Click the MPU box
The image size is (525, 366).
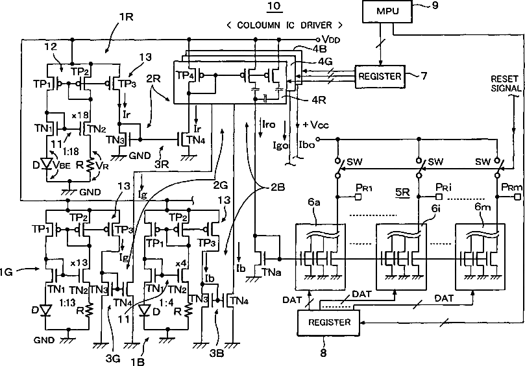[387, 12]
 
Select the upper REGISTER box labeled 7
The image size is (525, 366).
[380, 77]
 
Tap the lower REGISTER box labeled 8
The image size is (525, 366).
[329, 323]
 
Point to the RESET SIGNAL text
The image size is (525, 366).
[506, 84]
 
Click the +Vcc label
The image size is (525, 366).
[315, 125]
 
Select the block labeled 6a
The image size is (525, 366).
[321, 256]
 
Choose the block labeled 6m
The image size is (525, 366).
[480, 256]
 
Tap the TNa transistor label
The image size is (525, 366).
[271, 273]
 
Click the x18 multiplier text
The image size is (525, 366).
[80, 116]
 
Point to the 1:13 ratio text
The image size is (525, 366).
[67, 302]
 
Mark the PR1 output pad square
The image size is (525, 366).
[358, 197]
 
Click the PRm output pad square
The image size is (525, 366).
[518, 197]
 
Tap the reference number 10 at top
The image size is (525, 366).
[275, 6]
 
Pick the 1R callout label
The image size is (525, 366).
[125, 17]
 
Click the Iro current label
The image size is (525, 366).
[269, 125]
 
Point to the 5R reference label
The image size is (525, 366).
[402, 193]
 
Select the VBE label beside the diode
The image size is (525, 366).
[62, 165]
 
